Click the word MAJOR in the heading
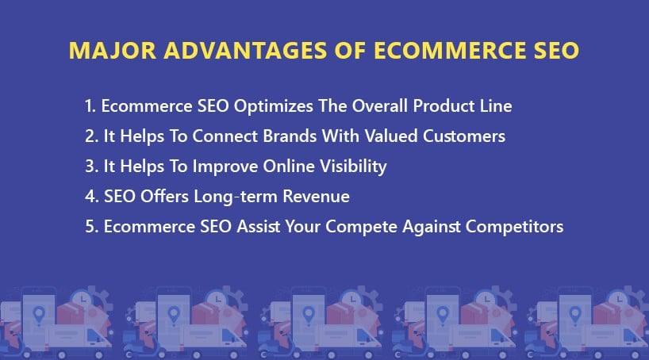pyautogui.click(x=113, y=51)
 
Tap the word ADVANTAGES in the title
pyautogui.click(x=245, y=51)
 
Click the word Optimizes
pyautogui.click(x=273, y=107)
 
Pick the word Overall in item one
pyautogui.click(x=380, y=106)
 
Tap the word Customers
pyautogui.click(x=464, y=136)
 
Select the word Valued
pyautogui.click(x=391, y=136)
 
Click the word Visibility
pyautogui.click(x=354, y=167)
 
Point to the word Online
pyautogui.click(x=289, y=167)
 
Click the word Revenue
pyautogui.click(x=317, y=197)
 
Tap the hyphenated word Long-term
pyautogui.click(x=236, y=197)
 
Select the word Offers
pyautogui.click(x=164, y=197)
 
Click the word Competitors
pyautogui.click(x=514, y=227)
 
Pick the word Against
pyautogui.click(x=432, y=227)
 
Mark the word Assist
pyautogui.click(x=259, y=227)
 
